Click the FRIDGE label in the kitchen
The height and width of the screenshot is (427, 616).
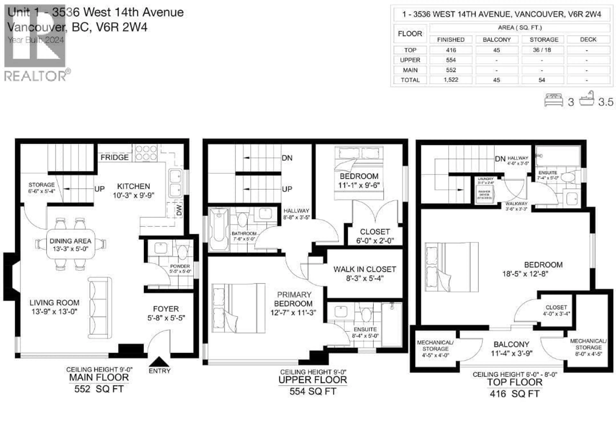[x=114, y=157]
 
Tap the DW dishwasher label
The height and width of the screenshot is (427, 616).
[x=179, y=210]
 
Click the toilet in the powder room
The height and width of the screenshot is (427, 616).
[x=182, y=252]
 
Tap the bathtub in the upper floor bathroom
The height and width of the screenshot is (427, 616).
[x=219, y=230]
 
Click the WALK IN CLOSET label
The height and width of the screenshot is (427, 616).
[x=364, y=269]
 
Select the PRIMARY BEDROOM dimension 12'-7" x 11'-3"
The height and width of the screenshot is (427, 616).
[x=293, y=313]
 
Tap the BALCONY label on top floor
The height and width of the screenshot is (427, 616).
[x=511, y=344]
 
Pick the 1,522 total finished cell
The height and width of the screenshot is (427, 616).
[x=451, y=80]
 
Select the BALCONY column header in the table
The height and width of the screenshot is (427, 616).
[x=496, y=40]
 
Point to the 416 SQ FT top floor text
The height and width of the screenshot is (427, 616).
[x=514, y=394]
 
